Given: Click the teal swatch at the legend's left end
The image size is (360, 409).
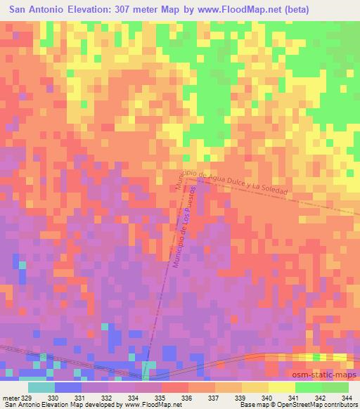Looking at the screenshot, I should point(41,387).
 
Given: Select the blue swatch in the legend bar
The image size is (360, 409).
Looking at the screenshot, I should point(67,387).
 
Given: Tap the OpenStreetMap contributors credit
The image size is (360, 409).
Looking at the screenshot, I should point(316,405).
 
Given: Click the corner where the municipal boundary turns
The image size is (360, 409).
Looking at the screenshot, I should point(196,178).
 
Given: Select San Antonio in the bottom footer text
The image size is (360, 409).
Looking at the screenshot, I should point(19,405).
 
